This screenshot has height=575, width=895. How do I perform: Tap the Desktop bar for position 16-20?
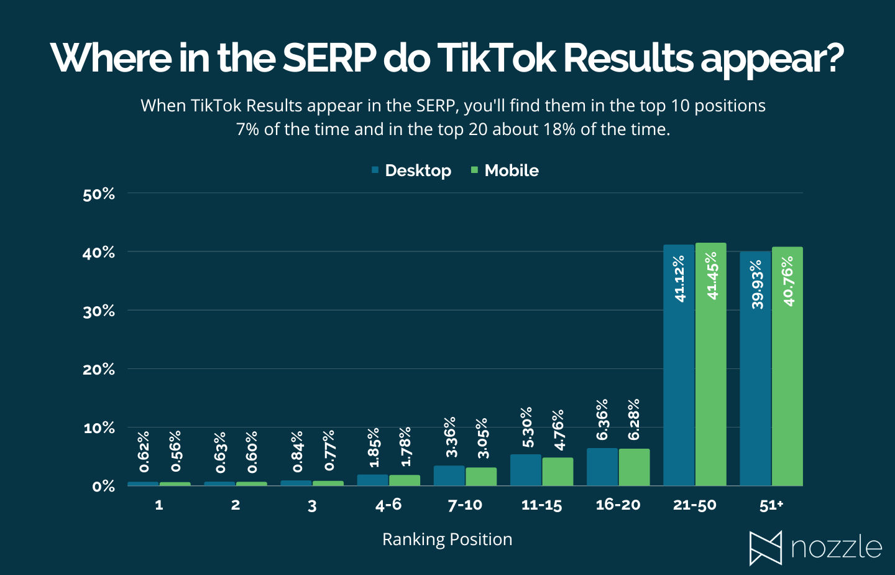pos(602,467)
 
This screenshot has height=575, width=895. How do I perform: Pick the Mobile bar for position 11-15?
pos(558,472)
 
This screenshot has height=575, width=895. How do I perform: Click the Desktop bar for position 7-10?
pos(449,475)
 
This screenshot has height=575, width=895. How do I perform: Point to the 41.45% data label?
pos(712,275)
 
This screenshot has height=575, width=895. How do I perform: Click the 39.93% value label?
pos(756,284)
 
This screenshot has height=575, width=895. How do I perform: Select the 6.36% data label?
pos(602,420)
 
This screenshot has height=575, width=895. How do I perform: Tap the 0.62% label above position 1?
pos(144,451)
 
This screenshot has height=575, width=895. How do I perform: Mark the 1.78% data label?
pos(405,446)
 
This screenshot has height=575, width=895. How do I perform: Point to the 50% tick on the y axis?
pos(99,194)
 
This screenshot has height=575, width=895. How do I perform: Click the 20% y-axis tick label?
pos(99,370)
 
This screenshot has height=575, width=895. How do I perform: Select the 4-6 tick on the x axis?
pos(388,505)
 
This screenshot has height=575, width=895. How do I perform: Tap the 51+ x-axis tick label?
pos(771,505)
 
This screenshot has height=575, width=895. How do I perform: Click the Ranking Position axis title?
pos(447,539)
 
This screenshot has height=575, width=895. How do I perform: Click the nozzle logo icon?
pos(765,548)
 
